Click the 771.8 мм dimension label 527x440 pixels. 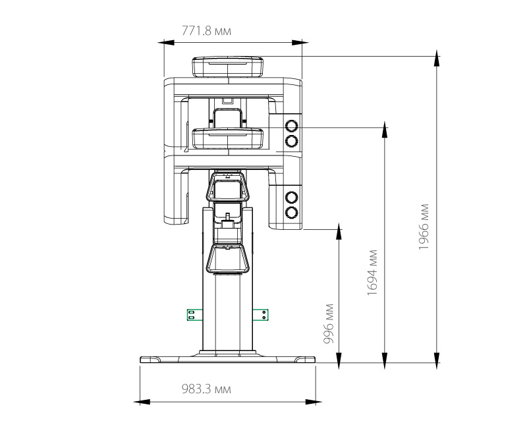206,31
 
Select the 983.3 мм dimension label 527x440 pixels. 206,389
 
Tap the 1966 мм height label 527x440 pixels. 424,227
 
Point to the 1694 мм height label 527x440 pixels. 372,273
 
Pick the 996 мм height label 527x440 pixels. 328,323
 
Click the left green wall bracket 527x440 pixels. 195,315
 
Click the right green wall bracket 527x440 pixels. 260,315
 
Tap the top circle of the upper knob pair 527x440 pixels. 291,126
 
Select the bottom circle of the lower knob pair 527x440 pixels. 291,213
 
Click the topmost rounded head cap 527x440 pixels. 227,67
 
